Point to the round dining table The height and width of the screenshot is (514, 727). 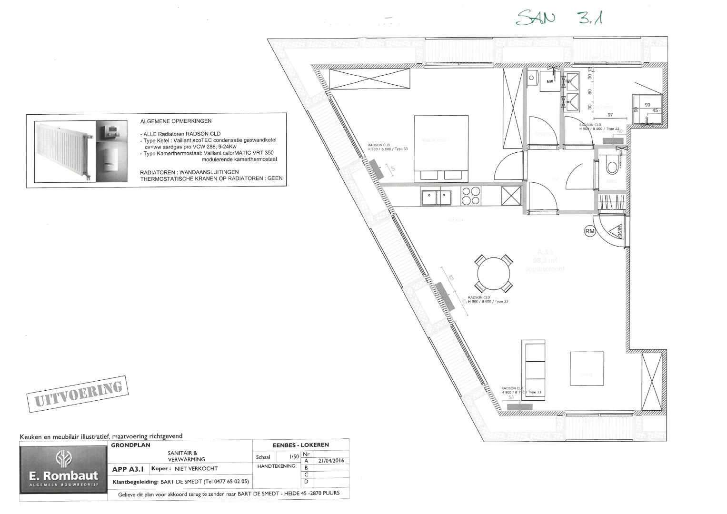(x=494, y=274)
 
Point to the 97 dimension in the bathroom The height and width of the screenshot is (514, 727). (x=610, y=116)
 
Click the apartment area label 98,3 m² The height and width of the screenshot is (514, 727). (x=545, y=260)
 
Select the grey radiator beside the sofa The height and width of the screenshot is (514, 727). (x=519, y=407)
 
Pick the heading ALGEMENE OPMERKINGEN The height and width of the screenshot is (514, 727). (x=176, y=121)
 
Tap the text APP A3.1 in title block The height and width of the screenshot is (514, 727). (x=129, y=469)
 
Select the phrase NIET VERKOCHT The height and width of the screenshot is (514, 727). (x=196, y=469)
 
